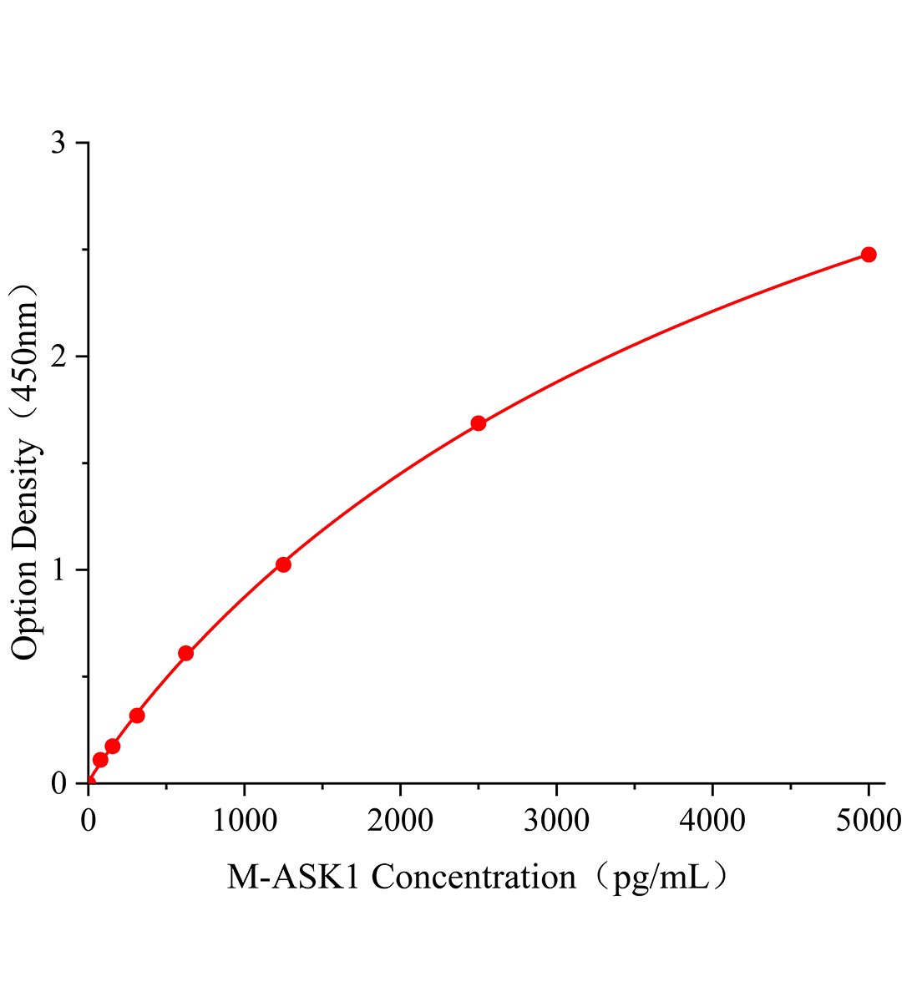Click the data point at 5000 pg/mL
click(869, 255)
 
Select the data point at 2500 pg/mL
click(479, 423)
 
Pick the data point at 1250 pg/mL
click(283, 564)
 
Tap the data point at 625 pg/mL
click(186, 653)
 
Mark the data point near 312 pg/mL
click(137, 716)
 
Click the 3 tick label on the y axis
click(58, 144)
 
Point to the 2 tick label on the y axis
click(58, 357)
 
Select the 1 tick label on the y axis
click(58, 570)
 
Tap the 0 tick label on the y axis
click(58, 783)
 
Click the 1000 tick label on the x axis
click(244, 821)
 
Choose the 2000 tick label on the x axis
click(400, 821)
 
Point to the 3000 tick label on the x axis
click(556, 821)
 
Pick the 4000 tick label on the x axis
click(712, 821)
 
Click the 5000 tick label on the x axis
click(869, 821)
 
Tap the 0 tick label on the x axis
click(89, 821)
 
